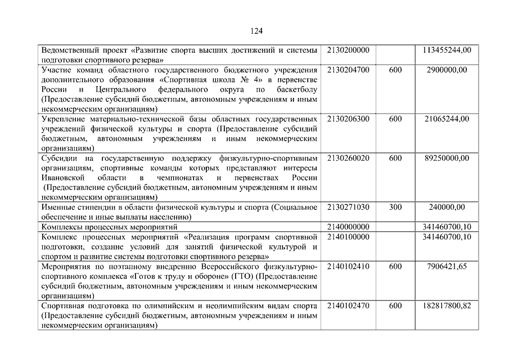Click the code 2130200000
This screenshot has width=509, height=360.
[x=348, y=50]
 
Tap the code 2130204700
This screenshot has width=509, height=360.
[x=348, y=70]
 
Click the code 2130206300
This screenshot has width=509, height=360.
[x=348, y=119]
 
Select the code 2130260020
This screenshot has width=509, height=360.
[x=348, y=158]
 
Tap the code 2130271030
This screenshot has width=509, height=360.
[x=348, y=207]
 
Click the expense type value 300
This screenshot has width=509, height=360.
[x=395, y=207]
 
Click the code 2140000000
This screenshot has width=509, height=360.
[x=348, y=227]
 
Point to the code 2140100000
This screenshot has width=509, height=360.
[x=348, y=237]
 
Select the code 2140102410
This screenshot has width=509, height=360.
[x=348, y=266]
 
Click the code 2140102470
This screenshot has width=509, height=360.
[x=348, y=305]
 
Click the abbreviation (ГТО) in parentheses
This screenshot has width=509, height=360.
[x=242, y=276]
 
